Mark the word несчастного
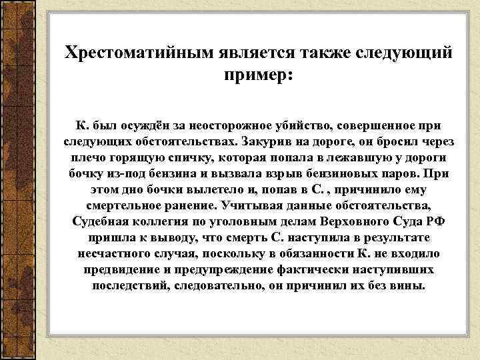coord(119,254)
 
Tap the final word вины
coord(407,286)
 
